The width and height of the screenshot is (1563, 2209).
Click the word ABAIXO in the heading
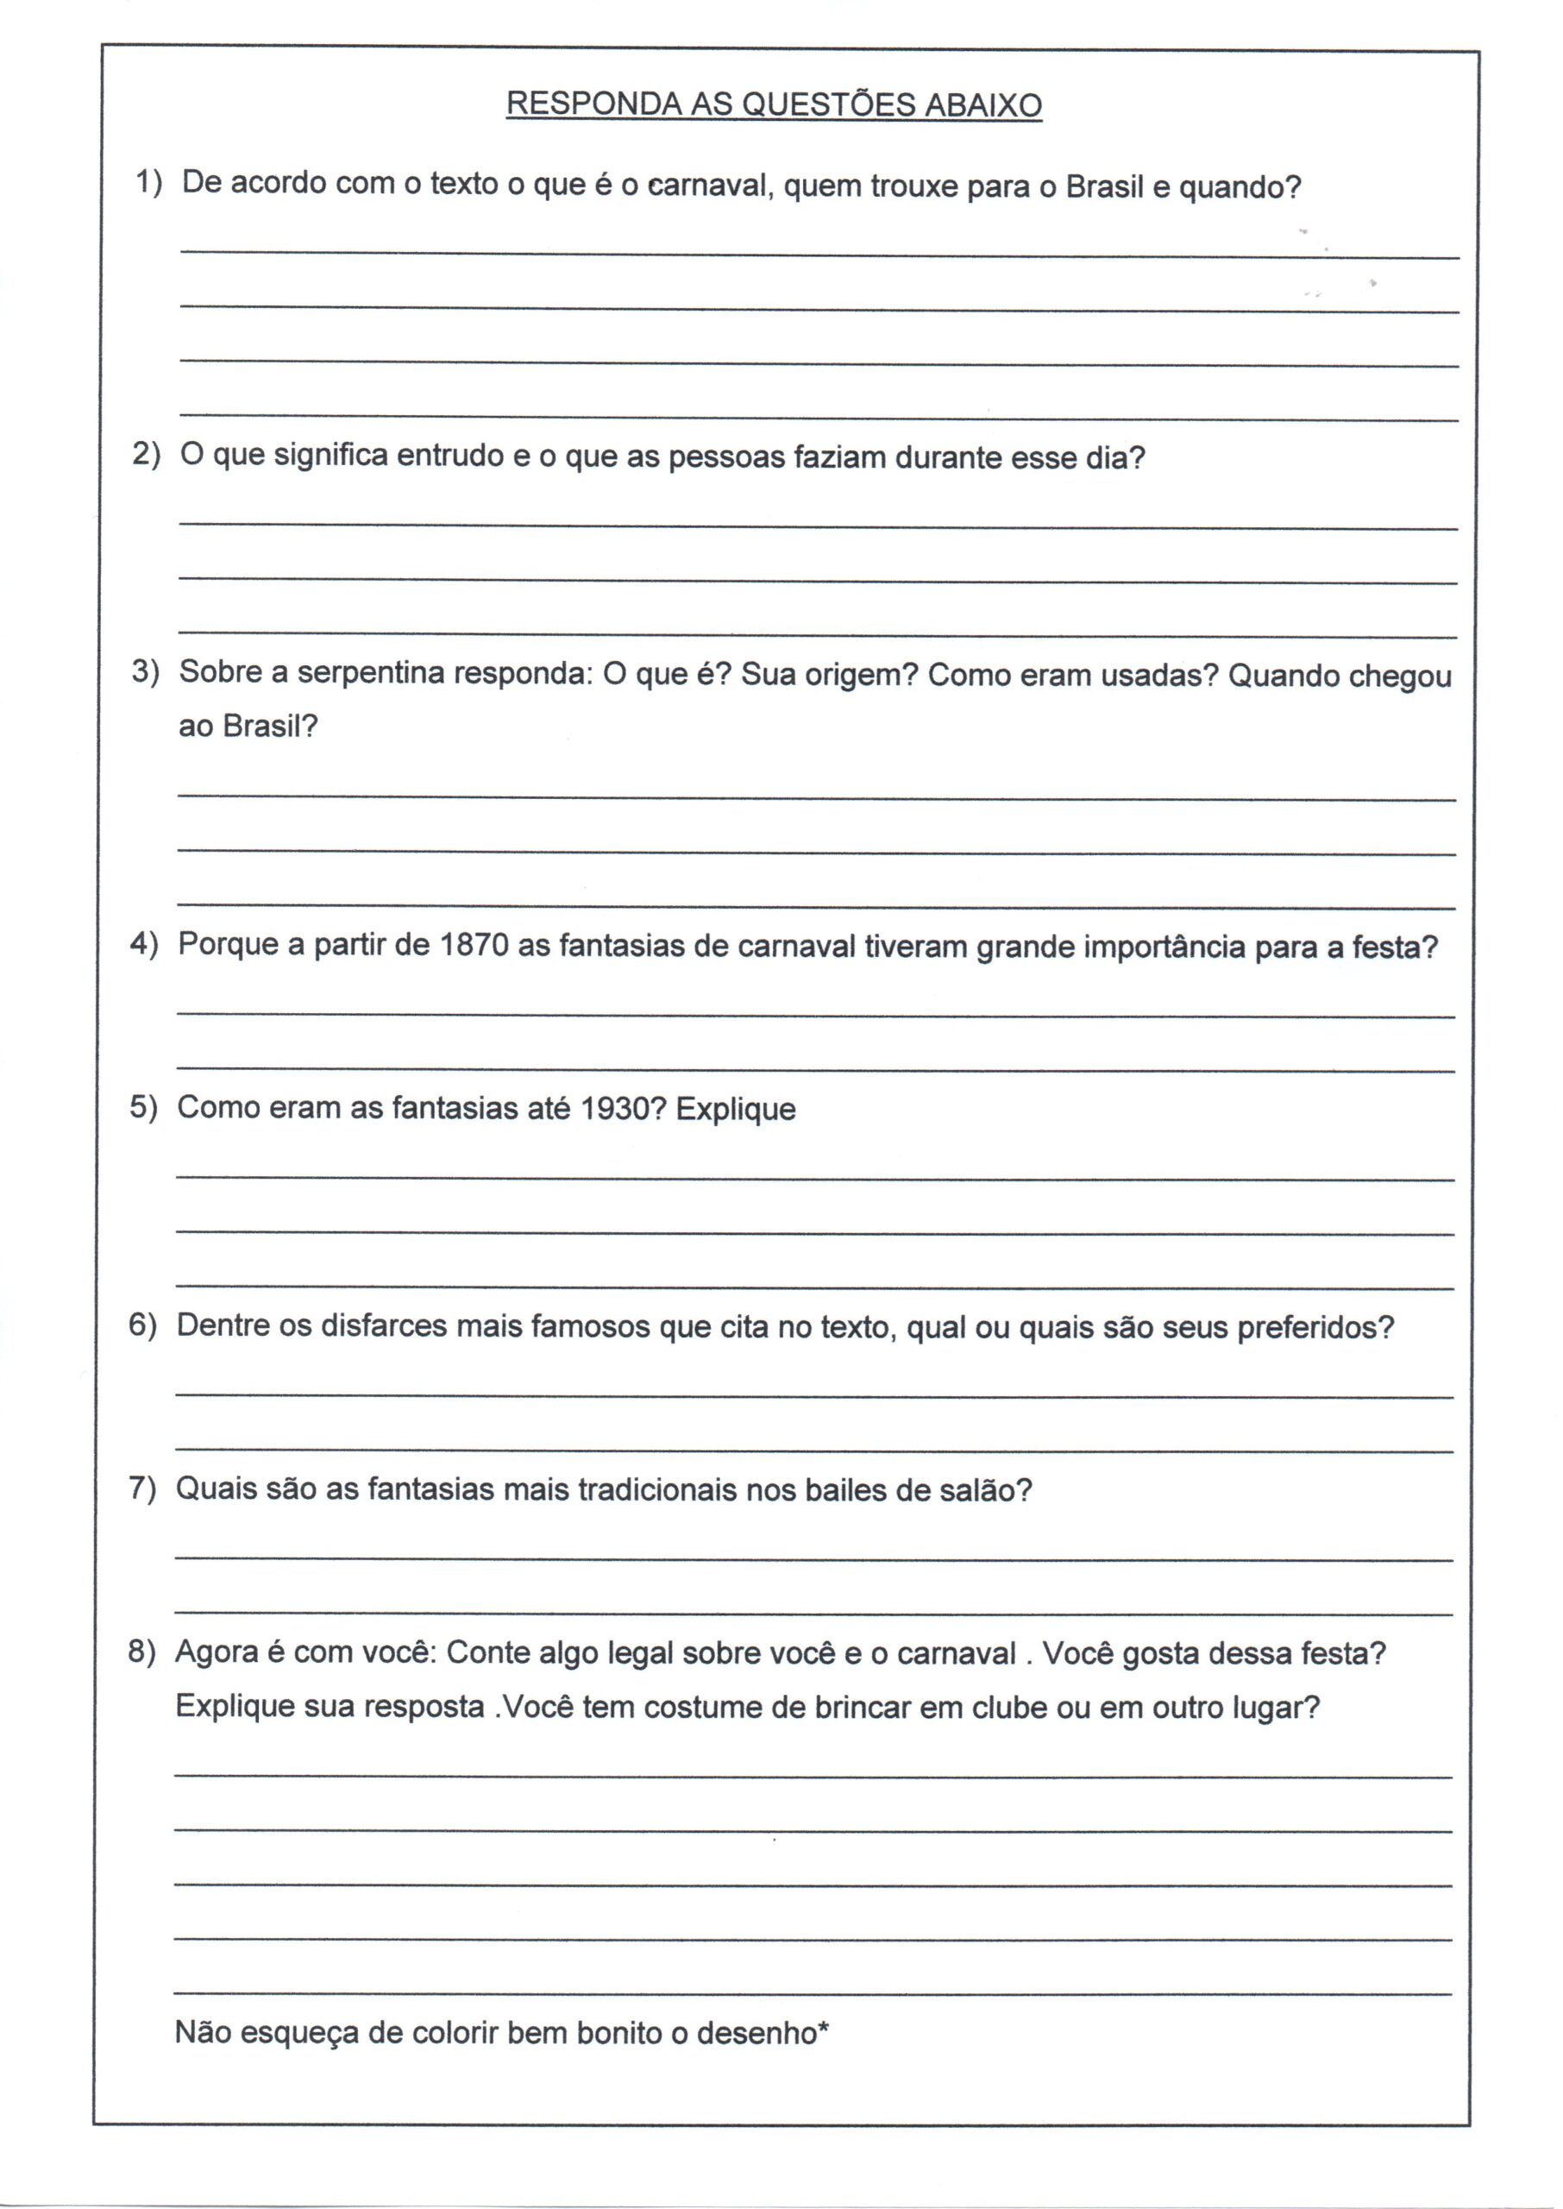(982, 106)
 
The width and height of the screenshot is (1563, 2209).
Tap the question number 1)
(149, 181)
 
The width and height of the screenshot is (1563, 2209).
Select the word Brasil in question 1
(1105, 186)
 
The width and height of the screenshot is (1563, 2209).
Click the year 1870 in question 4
(474, 944)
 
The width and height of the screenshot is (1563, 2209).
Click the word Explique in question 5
(737, 1110)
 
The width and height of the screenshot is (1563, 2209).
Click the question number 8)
(141, 1652)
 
